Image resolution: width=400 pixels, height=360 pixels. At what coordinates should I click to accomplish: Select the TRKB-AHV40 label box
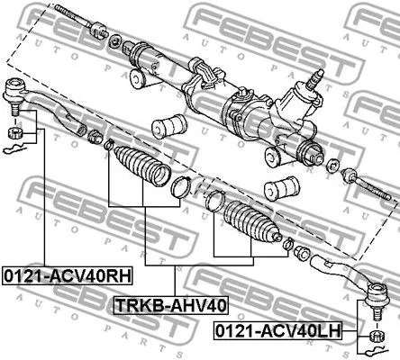click(170, 306)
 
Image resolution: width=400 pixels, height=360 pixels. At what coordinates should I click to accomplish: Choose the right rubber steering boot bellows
click(250, 221)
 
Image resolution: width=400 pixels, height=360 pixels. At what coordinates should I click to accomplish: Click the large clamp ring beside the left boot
click(180, 188)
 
